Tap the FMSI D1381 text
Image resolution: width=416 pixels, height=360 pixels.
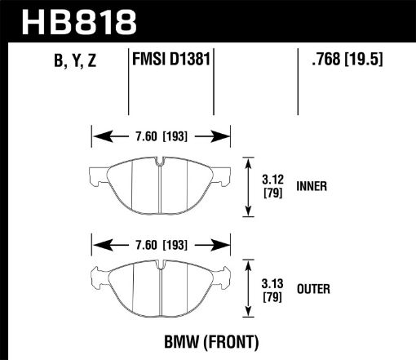172,60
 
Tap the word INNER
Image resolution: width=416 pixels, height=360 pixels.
313,186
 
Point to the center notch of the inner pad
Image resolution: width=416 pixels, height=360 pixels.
161,167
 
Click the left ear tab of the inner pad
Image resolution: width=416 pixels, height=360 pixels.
94,173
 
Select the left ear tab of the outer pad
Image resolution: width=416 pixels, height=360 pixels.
94,277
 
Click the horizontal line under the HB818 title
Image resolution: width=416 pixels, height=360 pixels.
208,42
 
